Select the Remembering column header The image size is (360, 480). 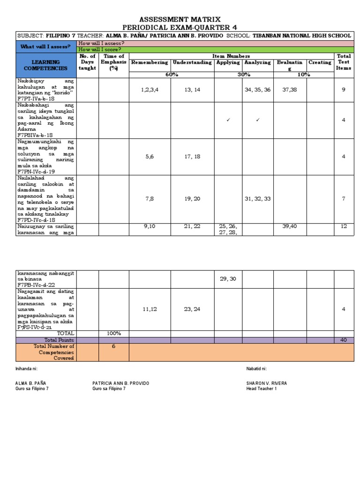(150, 62)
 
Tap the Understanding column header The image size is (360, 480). (192, 62)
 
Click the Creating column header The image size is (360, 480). (320, 62)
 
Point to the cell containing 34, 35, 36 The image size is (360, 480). (257, 90)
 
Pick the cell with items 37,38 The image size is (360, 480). (290, 90)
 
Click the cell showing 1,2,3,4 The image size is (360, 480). (150, 90)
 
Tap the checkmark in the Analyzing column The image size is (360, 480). (257, 120)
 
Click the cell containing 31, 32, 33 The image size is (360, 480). (257, 199)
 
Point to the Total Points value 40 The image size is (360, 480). (344, 340)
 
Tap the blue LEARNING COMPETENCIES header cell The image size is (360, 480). (46, 65)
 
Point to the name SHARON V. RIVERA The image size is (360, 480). (266, 383)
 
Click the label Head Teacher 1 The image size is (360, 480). (262, 389)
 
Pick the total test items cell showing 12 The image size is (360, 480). (344, 226)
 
